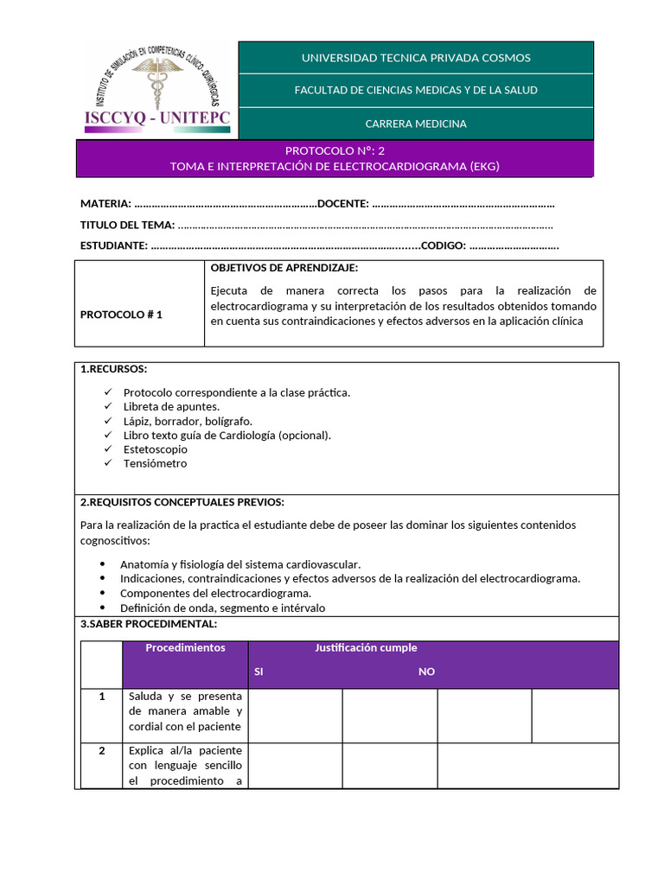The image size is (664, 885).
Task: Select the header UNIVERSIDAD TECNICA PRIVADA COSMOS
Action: pyautogui.click(x=416, y=58)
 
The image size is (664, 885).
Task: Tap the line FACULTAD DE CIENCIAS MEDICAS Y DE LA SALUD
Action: pyautogui.click(x=416, y=91)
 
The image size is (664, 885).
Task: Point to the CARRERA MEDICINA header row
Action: pyautogui.click(x=416, y=124)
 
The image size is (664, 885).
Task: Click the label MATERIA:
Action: pyautogui.click(x=106, y=204)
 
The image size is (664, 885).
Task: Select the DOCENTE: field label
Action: pyautogui.click(x=343, y=204)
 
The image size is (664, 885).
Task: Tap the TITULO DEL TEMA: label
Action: pyautogui.click(x=127, y=225)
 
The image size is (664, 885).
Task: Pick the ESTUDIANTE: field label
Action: pyautogui.click(x=114, y=245)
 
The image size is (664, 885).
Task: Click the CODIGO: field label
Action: pyautogui.click(x=444, y=245)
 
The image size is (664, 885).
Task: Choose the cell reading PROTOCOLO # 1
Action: pyautogui.click(x=122, y=315)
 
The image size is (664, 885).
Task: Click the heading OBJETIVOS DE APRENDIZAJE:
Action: pyautogui.click(x=284, y=268)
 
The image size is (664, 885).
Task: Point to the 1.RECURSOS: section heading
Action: pyautogui.click(x=113, y=369)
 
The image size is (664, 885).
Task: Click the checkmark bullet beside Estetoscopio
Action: pyautogui.click(x=107, y=449)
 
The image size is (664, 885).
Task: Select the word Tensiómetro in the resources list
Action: pyautogui.click(x=155, y=463)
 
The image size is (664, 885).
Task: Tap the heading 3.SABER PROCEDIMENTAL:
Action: pyautogui.click(x=149, y=624)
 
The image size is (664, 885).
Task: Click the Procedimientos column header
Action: pyautogui.click(x=185, y=647)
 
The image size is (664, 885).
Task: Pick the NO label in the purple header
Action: pyautogui.click(x=426, y=672)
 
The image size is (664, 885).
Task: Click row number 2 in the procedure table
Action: pyautogui.click(x=102, y=750)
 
